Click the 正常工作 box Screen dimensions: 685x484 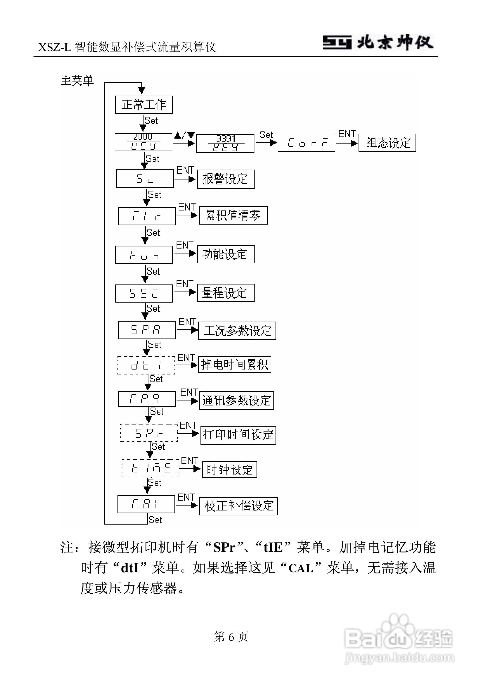coord(144,105)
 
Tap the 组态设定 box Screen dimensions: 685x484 coord(387,143)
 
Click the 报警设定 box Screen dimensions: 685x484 coord(226,179)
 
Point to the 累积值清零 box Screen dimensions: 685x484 coord(233,215)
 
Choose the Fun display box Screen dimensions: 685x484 coord(144,255)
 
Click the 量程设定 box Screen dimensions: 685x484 coord(226,293)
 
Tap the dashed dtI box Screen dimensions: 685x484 coord(146,365)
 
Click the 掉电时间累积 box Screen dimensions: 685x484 coord(234,365)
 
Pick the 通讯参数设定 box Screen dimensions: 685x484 coord(236,401)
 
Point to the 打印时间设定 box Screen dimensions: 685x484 coord(238,435)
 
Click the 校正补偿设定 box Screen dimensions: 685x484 coord(238,506)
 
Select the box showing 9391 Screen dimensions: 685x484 coord(225,144)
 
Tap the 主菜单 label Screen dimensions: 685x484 coord(77,81)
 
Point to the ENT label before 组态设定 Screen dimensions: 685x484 coord(347,134)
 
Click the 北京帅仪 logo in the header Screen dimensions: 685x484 coord(378,43)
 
